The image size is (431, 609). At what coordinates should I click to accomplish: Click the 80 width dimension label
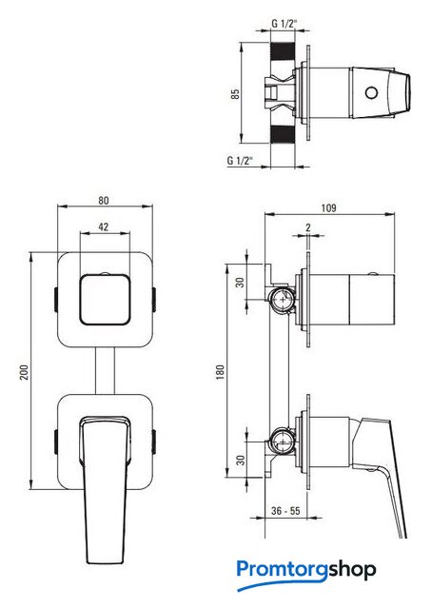tap(104, 201)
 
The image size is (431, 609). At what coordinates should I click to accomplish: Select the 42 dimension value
tap(104, 226)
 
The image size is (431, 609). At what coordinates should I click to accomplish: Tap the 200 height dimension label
tap(25, 372)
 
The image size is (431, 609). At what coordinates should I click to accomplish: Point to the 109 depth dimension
tap(328, 208)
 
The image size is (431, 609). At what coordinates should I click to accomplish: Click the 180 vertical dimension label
tap(220, 372)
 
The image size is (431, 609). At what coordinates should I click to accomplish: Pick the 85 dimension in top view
tap(235, 94)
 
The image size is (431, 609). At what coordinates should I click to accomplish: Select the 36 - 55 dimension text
tap(285, 511)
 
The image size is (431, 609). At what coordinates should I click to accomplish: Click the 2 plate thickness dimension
tap(308, 227)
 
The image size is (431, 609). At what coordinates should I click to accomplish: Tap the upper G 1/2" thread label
tap(284, 24)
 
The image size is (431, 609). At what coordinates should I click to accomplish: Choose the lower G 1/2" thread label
tap(240, 160)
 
